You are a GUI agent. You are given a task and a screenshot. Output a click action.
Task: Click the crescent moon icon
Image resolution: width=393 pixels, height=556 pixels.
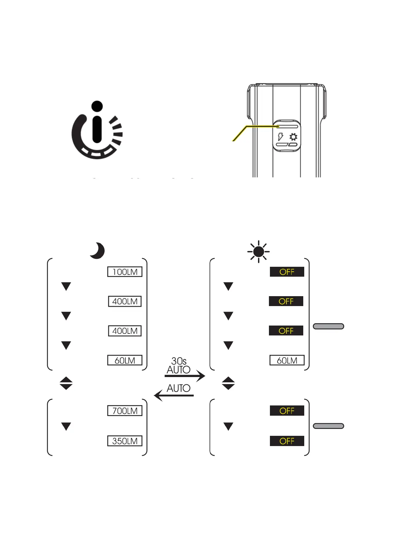(x=97, y=251)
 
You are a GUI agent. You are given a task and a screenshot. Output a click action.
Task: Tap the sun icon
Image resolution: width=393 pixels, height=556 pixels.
(x=259, y=252)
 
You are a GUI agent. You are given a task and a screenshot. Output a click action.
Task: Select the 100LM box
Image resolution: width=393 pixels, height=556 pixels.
(x=125, y=272)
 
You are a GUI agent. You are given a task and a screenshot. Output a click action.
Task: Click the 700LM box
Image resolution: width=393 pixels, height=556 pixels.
(x=125, y=411)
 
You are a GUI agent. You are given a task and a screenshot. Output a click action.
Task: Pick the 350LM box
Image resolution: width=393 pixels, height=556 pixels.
(x=125, y=441)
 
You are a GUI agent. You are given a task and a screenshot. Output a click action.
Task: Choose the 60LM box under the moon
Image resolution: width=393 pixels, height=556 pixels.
(x=125, y=360)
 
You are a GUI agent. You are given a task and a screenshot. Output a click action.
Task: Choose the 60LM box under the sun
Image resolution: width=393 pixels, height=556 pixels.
(x=287, y=360)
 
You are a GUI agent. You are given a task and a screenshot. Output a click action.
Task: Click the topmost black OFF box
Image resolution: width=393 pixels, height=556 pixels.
(x=287, y=272)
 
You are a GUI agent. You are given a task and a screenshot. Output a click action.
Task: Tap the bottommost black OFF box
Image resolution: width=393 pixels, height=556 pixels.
(x=287, y=441)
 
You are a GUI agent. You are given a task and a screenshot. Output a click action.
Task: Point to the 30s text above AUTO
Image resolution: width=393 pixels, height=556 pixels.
(x=179, y=361)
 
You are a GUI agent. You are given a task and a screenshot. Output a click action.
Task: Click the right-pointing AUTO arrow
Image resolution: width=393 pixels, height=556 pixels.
(x=185, y=376)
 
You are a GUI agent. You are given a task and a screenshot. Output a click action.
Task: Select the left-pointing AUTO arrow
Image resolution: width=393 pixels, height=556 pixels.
(x=174, y=395)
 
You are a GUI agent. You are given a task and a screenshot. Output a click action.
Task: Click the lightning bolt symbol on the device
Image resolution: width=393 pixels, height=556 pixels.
(x=280, y=137)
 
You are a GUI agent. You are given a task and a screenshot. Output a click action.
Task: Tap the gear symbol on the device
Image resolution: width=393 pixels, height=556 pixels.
(x=293, y=137)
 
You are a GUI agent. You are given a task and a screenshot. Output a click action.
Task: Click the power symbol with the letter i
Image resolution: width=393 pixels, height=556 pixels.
(x=97, y=130)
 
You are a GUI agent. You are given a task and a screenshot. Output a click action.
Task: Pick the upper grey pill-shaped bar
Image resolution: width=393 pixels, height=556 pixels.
(x=328, y=326)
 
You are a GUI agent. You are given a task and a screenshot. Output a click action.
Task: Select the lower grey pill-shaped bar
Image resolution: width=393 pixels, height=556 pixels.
(x=328, y=426)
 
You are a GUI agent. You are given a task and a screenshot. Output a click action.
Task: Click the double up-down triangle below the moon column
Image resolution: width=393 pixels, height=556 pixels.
(x=66, y=383)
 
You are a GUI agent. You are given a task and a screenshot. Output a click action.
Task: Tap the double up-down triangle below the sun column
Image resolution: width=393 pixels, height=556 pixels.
(x=228, y=383)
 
